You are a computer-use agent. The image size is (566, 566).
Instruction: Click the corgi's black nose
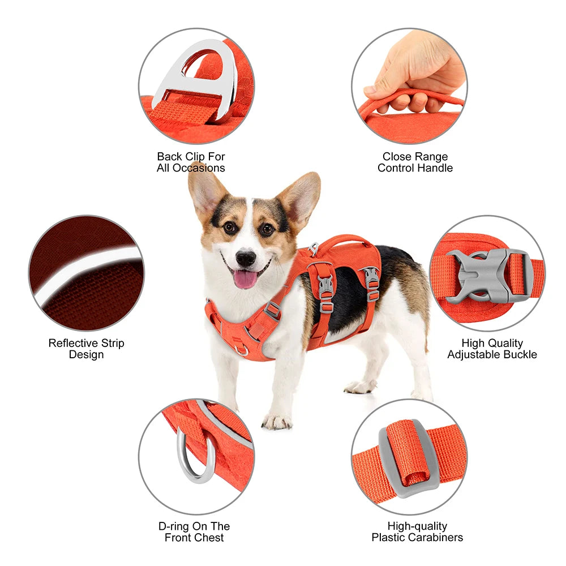point(246,258)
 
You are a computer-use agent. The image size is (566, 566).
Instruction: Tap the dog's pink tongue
point(245,278)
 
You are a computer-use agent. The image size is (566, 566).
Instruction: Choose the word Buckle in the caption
point(519,354)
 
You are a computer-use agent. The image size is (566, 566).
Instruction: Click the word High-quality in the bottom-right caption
point(417,526)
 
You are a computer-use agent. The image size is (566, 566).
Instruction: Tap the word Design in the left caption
point(86,354)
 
